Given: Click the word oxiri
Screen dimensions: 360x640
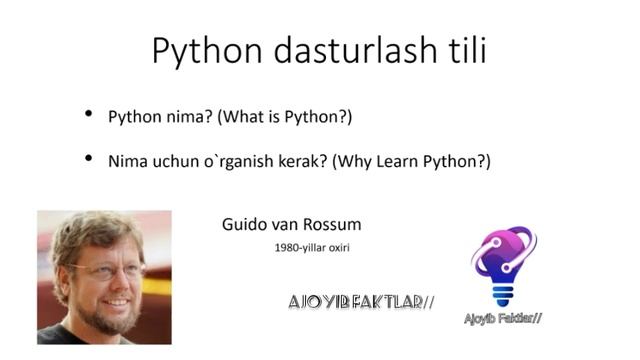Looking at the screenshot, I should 344,246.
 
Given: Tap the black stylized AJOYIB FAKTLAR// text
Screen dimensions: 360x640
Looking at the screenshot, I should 361,301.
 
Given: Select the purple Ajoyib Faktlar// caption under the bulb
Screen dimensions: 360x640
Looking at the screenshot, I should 503,319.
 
